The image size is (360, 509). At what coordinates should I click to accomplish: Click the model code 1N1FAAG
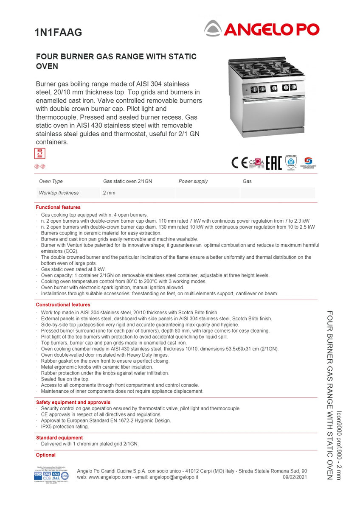tap(58, 32)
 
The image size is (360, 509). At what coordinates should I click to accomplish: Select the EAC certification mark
tap(274, 162)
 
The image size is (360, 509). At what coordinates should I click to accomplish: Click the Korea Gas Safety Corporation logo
tap(307, 162)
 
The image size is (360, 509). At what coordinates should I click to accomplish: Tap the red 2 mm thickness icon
tap(39, 154)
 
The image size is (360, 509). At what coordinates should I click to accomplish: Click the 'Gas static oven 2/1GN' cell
tap(127, 181)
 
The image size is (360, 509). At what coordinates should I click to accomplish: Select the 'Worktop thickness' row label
tap(59, 193)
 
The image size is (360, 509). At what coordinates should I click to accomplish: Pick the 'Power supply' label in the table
tap(193, 181)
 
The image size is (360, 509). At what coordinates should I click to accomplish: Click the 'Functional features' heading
tap(58, 207)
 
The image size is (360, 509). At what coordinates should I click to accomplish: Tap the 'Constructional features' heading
tap(63, 305)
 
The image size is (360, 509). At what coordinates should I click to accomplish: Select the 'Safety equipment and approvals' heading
tap(73, 402)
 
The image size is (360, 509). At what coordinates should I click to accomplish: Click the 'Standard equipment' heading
tap(59, 438)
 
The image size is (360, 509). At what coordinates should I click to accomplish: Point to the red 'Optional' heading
tap(46, 455)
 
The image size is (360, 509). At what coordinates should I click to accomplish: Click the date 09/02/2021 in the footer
tap(295, 477)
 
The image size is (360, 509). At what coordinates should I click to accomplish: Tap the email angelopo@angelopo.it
tap(174, 477)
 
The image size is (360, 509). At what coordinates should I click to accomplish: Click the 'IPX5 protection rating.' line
tap(65, 427)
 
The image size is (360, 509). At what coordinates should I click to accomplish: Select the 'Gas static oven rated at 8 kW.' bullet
tap(73, 269)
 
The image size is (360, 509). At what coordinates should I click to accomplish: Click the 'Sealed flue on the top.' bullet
tap(65, 379)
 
